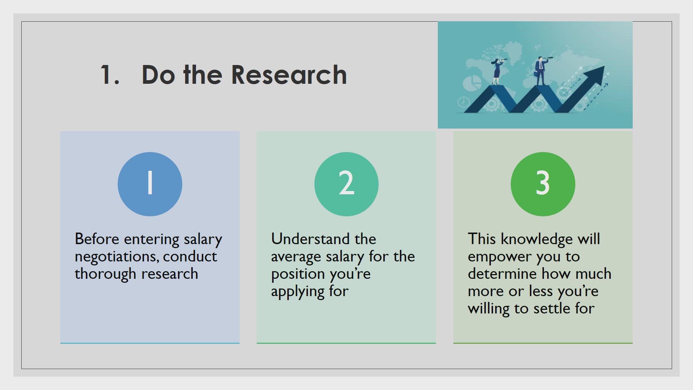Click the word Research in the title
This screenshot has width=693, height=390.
pos(289,75)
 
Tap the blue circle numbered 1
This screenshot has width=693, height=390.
pos(150,184)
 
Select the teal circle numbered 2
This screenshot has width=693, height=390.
pos(346,184)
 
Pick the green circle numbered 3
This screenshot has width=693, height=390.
pos(543,184)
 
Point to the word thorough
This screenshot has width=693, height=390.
pos(105,274)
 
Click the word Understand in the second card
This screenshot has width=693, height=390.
pos(310,239)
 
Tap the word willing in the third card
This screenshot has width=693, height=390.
pos(489,309)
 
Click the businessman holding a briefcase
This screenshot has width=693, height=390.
pos(540,71)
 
